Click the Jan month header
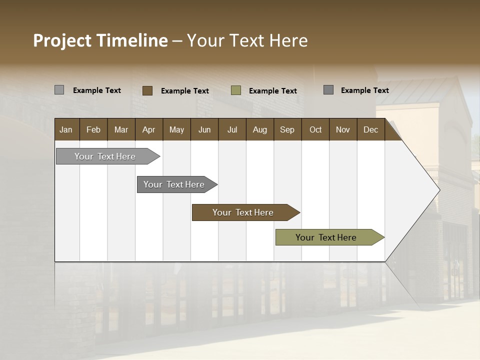point(66,129)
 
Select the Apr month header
point(148,129)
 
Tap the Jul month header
point(232,129)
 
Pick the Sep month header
point(287,129)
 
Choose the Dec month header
point(370,129)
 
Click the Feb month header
point(93,129)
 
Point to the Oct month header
point(315,129)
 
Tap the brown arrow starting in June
point(243,212)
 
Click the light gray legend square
point(59,90)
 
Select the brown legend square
point(147,90)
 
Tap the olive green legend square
point(236,90)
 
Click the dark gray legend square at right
point(328,90)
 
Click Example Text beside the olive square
point(273,91)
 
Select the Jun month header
point(204,129)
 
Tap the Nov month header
point(343,129)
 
